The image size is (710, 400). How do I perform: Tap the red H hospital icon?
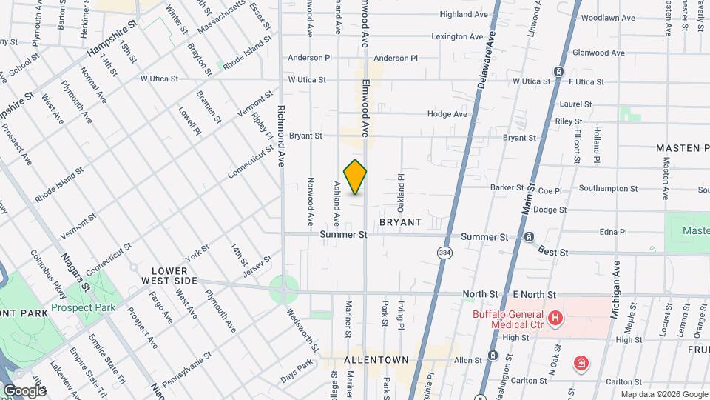click(555, 320)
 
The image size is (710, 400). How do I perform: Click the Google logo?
click(24, 390)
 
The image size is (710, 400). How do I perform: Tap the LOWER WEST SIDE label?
click(175, 276)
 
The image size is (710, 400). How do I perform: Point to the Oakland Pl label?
click(401, 191)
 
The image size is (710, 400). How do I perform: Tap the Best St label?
click(552, 252)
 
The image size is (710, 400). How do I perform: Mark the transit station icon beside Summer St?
click(530, 237)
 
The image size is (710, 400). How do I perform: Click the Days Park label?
click(297, 368)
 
